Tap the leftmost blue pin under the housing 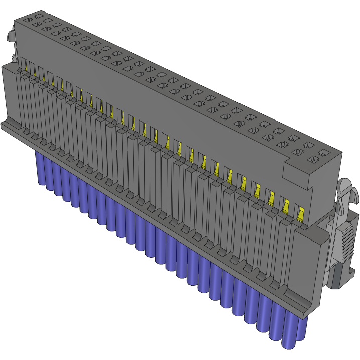[38, 166]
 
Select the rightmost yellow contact [300, 214]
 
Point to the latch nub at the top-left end [10, 37]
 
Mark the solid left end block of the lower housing [11, 95]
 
